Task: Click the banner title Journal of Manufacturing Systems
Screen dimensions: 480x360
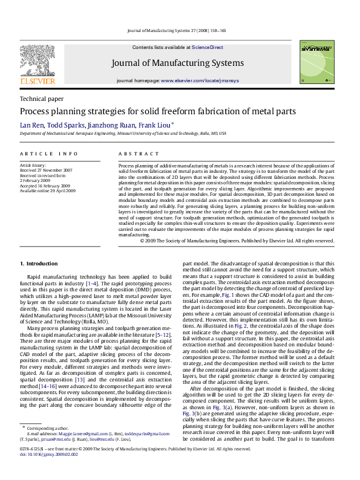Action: click(177, 63)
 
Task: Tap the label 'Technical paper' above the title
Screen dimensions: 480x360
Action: click(42, 99)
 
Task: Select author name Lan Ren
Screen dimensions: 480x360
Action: click(30, 125)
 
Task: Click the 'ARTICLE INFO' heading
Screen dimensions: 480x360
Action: click(49, 154)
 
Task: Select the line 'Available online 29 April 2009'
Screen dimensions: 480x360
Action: click(48, 190)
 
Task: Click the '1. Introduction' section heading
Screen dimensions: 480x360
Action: click(39, 264)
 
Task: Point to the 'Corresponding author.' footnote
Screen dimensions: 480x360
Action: click(45, 444)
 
